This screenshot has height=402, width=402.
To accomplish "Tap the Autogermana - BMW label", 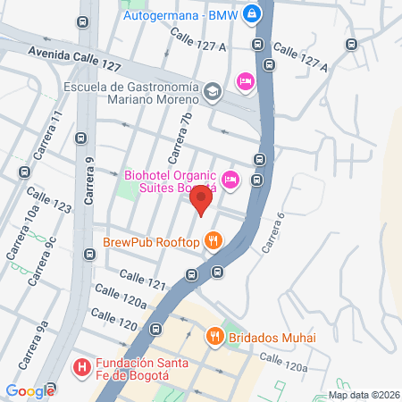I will [x=184, y=14].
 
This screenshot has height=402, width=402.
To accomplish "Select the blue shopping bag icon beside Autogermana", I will [x=253, y=14].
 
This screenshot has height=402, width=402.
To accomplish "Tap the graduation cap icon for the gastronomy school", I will [x=213, y=91].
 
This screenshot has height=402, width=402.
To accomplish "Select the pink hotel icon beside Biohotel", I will [x=230, y=180].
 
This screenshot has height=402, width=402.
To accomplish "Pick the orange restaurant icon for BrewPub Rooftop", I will [x=213, y=239].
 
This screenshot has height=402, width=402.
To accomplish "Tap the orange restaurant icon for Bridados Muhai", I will [x=214, y=337].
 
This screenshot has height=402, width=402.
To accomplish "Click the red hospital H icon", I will [x=80, y=366].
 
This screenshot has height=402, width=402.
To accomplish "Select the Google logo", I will [x=29, y=391].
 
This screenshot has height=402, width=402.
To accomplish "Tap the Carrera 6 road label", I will [x=273, y=231].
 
